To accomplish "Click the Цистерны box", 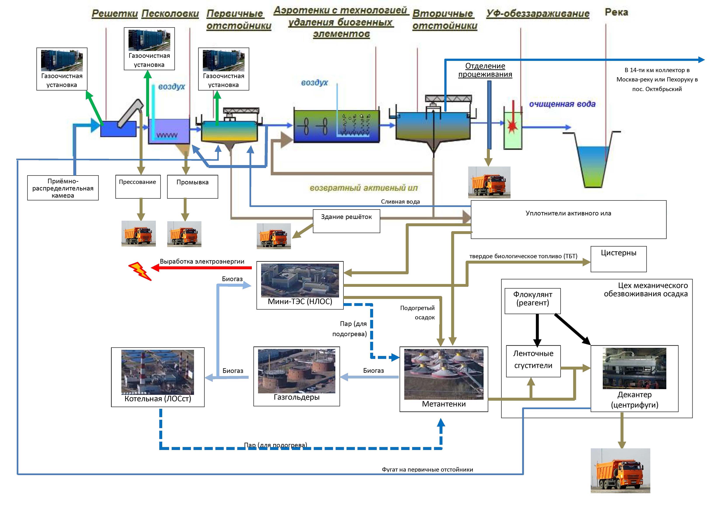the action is [618, 259].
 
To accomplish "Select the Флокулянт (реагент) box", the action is [533, 301].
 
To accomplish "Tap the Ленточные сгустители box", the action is [533, 361].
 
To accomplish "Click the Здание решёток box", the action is [346, 221].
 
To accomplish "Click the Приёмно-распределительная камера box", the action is [63, 188].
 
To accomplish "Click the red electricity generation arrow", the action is [202, 268].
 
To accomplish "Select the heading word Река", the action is [616, 12].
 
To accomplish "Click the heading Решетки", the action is [115, 14].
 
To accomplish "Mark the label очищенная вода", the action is [562, 104].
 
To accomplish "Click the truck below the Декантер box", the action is [620, 471].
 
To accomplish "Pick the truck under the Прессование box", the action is [139, 234].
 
